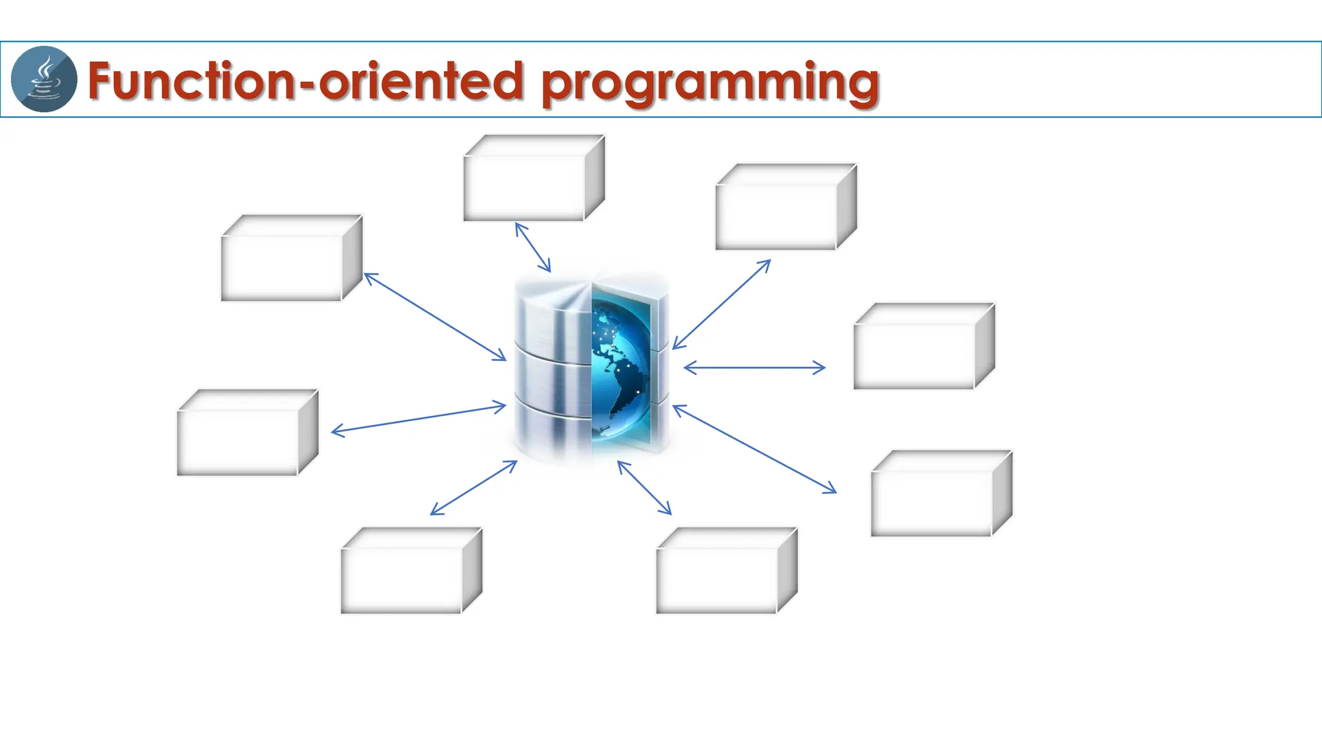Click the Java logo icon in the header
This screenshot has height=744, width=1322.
tap(44, 79)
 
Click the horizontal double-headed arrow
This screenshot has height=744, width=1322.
tap(754, 368)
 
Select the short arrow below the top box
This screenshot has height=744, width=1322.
tap(533, 247)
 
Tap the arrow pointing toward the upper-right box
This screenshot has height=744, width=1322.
tap(722, 304)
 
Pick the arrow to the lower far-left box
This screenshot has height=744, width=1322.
tap(418, 418)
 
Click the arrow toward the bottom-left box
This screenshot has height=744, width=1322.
tap(473, 488)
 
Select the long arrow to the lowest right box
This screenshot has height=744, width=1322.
tap(754, 449)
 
